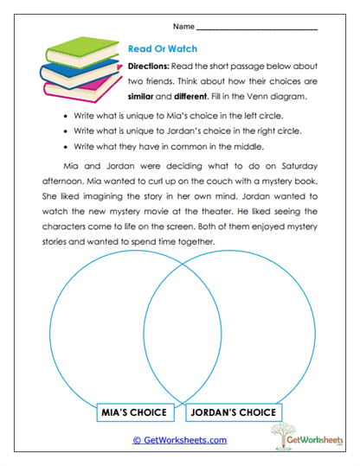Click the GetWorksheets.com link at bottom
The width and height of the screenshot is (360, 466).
coord(179,440)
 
